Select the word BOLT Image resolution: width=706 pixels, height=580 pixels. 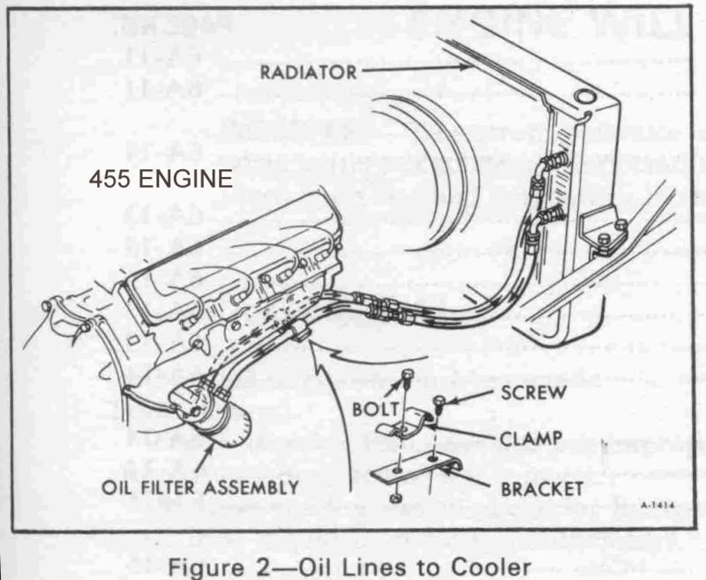pyautogui.click(x=370, y=411)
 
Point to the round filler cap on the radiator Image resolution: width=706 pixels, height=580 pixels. pyautogui.click(x=583, y=97)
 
